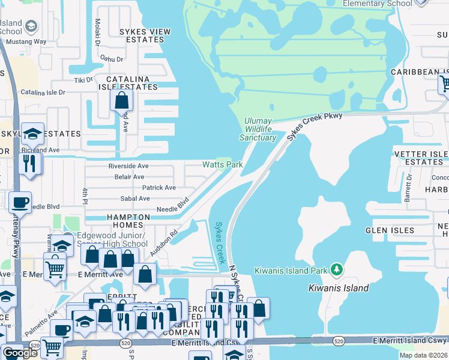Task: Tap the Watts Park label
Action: pos(222,164)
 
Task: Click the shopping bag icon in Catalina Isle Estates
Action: pos(121,100)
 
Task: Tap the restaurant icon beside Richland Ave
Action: pos(29,163)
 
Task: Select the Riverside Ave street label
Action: pos(128,166)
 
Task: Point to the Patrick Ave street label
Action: pos(158,188)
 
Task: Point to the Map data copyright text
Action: pos(423,355)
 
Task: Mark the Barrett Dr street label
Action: pos(409,188)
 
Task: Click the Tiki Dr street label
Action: pos(82,80)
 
